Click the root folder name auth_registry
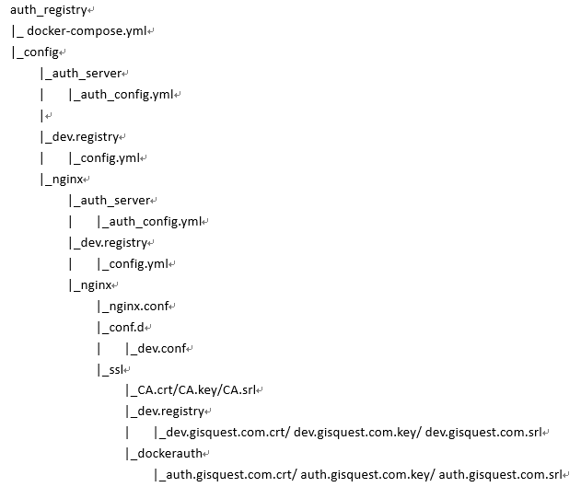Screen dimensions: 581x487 [x=49, y=10]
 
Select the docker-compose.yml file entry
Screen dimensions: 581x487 [x=87, y=31]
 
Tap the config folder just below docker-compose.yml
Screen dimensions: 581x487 [x=41, y=52]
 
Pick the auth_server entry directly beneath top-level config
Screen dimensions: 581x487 [x=87, y=74]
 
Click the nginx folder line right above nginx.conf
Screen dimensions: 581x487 [x=96, y=285]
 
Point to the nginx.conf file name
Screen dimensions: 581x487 [x=139, y=307]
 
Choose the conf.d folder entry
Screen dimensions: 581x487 [x=126, y=328]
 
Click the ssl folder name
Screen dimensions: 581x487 [x=116, y=369]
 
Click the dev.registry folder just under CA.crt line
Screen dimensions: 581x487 [x=171, y=412]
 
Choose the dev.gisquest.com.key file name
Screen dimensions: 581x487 [x=355, y=433]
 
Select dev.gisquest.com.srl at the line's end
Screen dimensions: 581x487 [x=483, y=433]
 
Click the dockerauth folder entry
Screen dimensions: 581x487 [x=170, y=454]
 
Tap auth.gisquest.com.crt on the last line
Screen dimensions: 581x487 [x=229, y=475]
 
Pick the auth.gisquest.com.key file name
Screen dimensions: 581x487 [x=366, y=475]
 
